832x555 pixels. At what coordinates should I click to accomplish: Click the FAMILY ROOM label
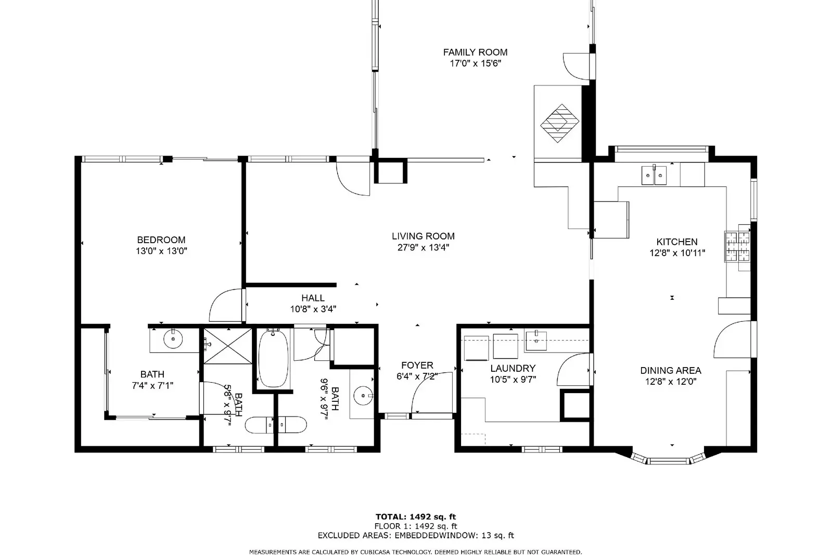475,53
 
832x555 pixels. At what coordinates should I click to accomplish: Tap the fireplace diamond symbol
560,123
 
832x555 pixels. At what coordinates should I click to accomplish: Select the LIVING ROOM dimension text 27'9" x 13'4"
423,248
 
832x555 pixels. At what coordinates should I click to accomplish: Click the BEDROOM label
161,240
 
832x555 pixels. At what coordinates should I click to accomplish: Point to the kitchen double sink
654,175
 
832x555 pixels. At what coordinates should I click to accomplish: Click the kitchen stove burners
738,246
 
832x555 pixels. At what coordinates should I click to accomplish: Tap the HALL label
313,298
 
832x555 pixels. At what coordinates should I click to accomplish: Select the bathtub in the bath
273,358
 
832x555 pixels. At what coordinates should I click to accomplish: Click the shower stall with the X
228,346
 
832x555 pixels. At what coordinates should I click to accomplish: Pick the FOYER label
417,365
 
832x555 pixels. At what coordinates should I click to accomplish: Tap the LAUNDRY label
513,369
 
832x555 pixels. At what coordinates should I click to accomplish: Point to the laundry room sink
536,340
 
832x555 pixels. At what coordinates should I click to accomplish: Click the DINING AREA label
671,370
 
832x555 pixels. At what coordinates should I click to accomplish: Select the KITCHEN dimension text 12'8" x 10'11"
677,253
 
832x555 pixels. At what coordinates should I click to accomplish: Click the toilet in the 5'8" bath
260,425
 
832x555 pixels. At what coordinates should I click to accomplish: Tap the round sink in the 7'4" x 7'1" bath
173,338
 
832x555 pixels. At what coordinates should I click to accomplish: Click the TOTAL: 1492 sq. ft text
416,516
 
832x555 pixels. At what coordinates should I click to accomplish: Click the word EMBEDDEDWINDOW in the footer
436,535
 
